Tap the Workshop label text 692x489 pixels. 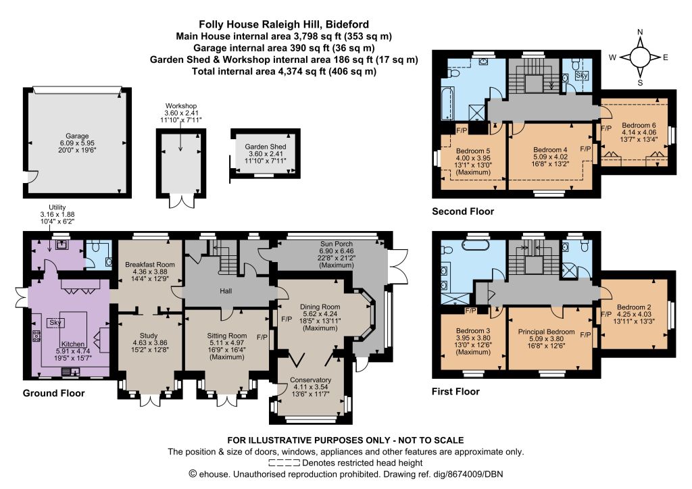click(180, 106)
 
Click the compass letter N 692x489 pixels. click(639, 32)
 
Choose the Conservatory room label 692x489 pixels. click(310, 379)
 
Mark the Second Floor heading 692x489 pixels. click(463, 211)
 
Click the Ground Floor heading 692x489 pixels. click(54, 393)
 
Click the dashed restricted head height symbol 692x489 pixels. click(284, 463)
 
